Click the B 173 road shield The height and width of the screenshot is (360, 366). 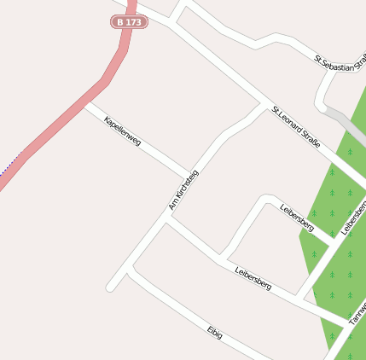[130, 21]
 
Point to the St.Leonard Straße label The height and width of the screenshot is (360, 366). [296, 126]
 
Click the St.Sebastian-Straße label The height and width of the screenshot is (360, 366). [335, 62]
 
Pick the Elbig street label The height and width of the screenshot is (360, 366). [214, 332]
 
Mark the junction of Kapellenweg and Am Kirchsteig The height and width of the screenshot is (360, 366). [189, 177]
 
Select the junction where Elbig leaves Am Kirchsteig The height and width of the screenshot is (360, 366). [129, 269]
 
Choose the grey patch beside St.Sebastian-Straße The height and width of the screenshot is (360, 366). [347, 123]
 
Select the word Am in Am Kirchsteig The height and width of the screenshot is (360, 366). [171, 206]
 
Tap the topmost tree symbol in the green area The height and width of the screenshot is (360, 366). [350, 152]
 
